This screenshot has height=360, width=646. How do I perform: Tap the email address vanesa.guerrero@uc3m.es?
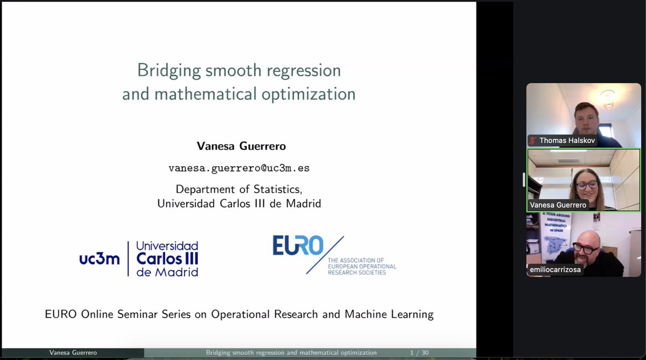click(x=238, y=168)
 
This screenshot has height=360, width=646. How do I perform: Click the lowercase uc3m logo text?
click(x=100, y=259)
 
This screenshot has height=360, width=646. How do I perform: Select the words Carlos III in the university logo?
click(x=167, y=259)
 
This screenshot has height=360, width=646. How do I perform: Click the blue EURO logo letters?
click(x=297, y=246)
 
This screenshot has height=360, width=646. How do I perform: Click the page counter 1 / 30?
click(x=419, y=353)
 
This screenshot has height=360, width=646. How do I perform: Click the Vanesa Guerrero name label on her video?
click(x=558, y=205)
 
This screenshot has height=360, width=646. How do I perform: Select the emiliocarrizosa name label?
click(x=555, y=270)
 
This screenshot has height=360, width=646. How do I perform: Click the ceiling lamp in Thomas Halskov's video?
click(x=608, y=98)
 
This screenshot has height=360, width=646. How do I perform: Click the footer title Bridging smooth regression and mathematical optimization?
click(x=291, y=353)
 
